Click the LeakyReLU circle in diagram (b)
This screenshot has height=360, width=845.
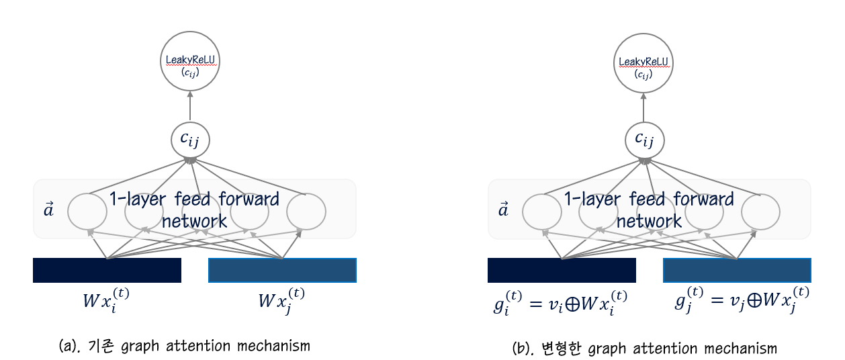[645, 64]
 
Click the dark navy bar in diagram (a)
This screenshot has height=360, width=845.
[107, 270]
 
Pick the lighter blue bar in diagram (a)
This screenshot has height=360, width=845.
[282, 270]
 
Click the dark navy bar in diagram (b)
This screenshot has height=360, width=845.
[562, 270]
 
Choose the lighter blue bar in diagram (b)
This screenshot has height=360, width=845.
[737, 270]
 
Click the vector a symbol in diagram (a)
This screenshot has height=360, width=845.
[49, 210]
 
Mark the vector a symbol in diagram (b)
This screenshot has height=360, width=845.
[503, 210]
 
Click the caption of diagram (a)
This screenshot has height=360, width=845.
[185, 346]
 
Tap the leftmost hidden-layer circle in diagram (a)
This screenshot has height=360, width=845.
[87, 211]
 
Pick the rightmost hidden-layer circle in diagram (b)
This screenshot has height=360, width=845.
[760, 211]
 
